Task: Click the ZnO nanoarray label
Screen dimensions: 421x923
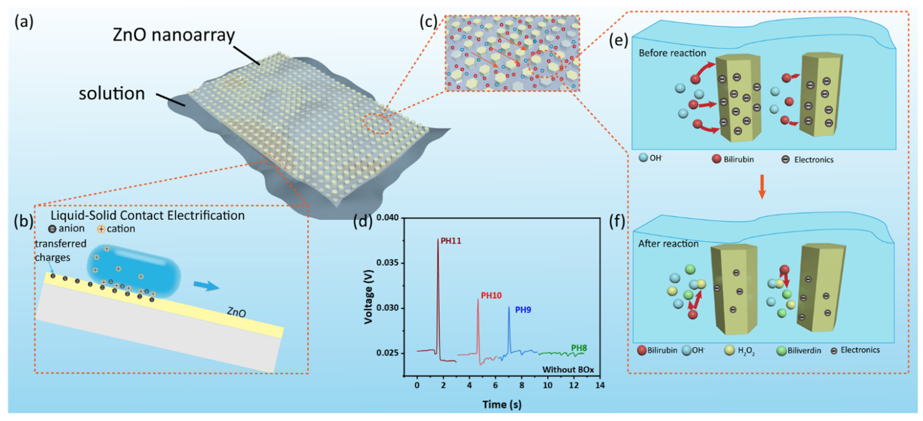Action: [174, 35]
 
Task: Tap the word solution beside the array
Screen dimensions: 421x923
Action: [112, 94]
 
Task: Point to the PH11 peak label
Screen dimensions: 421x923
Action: [451, 241]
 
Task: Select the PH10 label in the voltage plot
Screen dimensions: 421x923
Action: [491, 296]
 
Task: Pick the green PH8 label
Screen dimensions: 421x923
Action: [579, 348]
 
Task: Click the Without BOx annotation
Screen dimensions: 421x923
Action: [568, 369]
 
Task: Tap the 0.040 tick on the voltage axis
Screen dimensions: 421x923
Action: [387, 218]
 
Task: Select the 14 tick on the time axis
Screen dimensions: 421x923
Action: [600, 385]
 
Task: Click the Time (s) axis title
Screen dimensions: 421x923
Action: [502, 404]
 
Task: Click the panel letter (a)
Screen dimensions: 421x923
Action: [24, 22]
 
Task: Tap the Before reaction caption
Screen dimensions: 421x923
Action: [672, 53]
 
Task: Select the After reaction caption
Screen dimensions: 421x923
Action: [668, 244]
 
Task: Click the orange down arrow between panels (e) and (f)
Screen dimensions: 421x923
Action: [762, 186]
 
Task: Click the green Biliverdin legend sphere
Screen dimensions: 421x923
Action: [781, 351]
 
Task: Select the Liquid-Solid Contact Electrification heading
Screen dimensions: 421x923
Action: [148, 215]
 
